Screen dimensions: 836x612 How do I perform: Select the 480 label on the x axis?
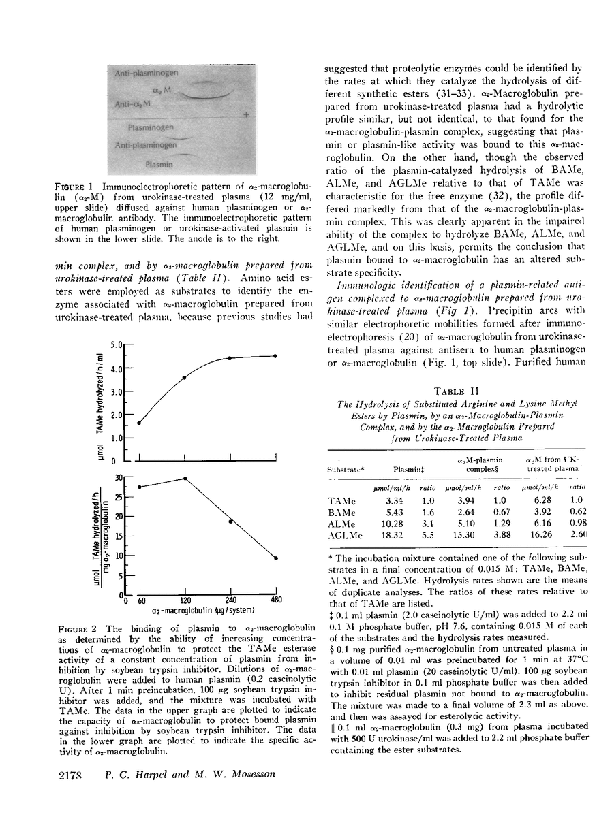coord(276,601)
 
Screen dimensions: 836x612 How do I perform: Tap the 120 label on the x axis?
coord(185,601)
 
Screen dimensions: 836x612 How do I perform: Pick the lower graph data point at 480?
coord(276,558)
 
